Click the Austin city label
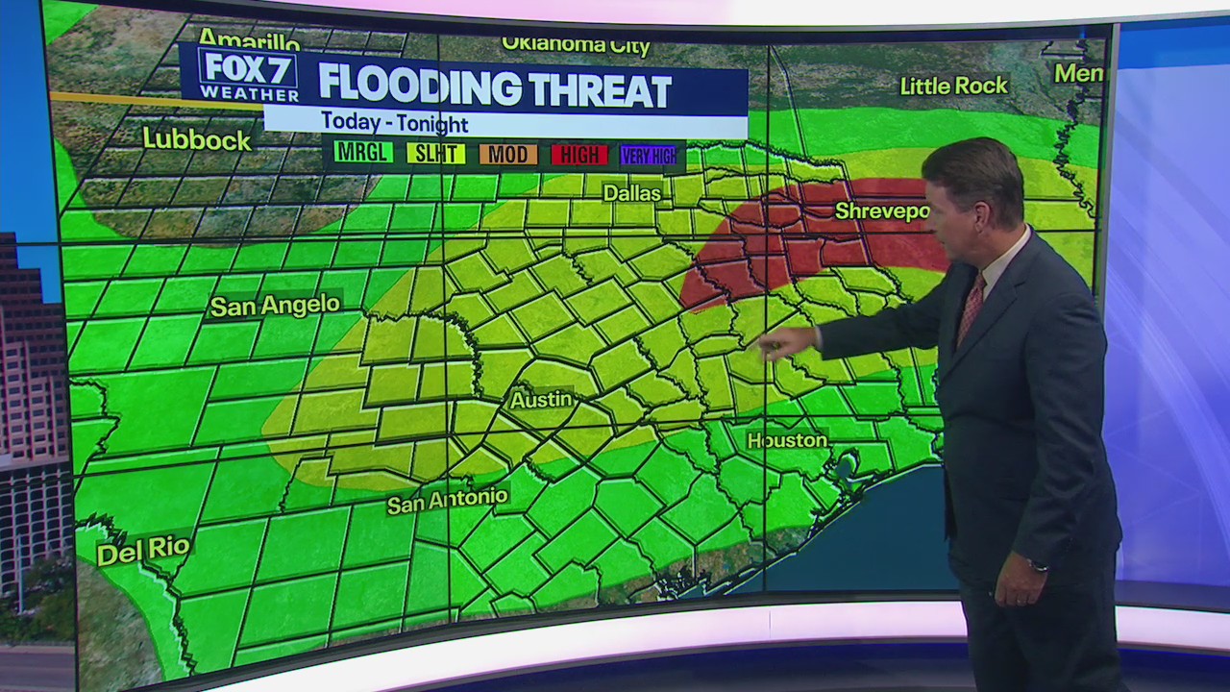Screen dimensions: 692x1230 pyautogui.click(x=541, y=399)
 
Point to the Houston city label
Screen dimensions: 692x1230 pyautogui.click(x=787, y=440)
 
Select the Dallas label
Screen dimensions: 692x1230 pyautogui.click(x=631, y=193)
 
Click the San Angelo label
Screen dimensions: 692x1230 pyautogui.click(x=275, y=306)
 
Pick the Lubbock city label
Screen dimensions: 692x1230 pyautogui.click(x=197, y=139)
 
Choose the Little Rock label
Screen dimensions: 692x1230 pyautogui.click(x=953, y=86)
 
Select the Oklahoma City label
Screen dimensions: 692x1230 pyautogui.click(x=576, y=45)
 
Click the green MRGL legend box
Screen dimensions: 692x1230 pyautogui.click(x=362, y=153)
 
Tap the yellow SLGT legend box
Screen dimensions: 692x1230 pyautogui.click(x=435, y=153)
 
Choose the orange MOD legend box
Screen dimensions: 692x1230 pyautogui.click(x=507, y=154)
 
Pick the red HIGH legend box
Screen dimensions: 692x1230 pyautogui.click(x=579, y=154)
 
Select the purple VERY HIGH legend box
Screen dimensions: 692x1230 pyautogui.click(x=649, y=155)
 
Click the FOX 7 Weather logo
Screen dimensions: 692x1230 pyautogui.click(x=248, y=75)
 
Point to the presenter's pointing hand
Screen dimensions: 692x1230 pyautogui.click(x=783, y=342)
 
